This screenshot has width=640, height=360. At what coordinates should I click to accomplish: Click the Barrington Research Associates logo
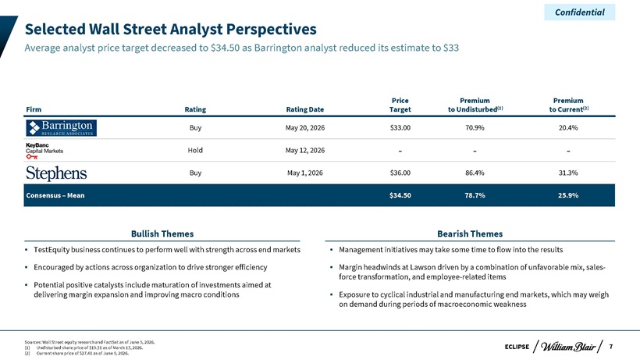61,128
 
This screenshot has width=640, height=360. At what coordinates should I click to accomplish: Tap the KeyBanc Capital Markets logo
44,151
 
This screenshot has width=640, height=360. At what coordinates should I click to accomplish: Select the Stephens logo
56,173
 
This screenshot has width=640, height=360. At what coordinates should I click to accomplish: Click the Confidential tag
580,12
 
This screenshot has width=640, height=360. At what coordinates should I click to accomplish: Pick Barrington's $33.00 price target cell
400,128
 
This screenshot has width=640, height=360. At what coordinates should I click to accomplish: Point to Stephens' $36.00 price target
400,173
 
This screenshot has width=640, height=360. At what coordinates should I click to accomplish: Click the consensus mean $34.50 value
400,195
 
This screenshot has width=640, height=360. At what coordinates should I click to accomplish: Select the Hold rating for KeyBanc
195,150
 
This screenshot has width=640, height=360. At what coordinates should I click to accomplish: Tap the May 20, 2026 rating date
305,128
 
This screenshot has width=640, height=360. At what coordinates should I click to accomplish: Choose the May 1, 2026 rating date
305,173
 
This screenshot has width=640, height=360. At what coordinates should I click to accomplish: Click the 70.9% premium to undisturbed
475,128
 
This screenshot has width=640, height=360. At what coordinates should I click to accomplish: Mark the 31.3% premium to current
568,173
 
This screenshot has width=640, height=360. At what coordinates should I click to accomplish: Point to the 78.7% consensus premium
475,195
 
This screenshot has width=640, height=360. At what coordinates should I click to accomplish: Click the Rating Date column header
305,109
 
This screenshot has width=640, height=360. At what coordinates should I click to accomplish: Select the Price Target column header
400,105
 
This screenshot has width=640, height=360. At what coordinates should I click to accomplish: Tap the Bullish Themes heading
162,233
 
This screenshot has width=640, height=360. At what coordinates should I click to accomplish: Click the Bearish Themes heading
470,233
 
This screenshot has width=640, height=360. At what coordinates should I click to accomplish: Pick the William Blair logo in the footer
567,347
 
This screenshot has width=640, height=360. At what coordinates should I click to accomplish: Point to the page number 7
610,347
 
